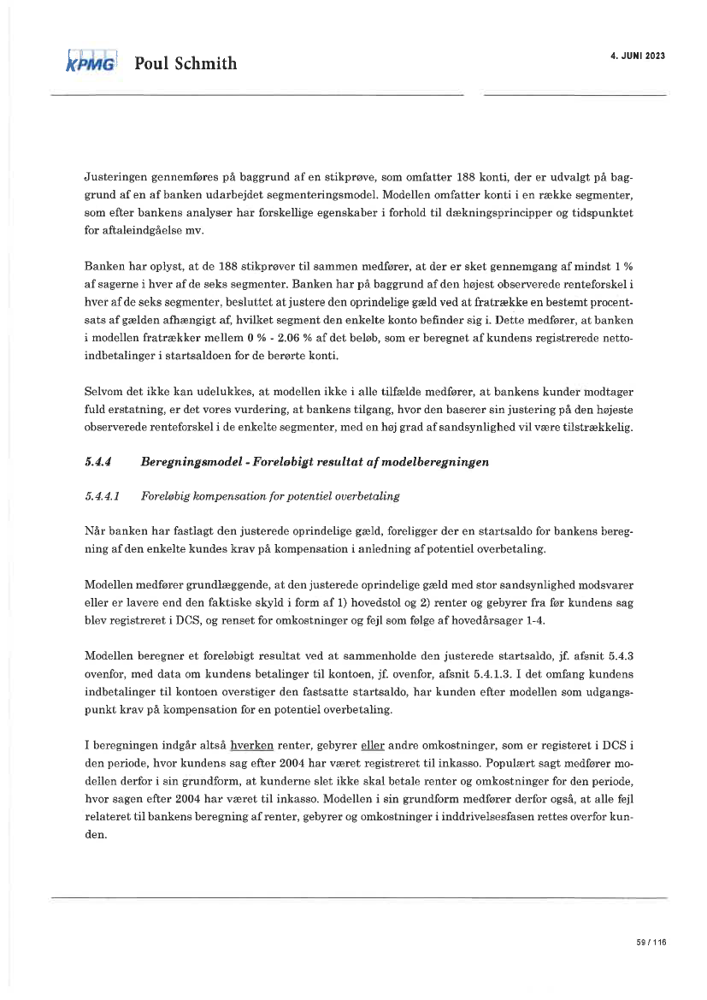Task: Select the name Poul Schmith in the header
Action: pyautogui.click(x=185, y=63)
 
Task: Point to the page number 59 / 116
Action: pyautogui.click(x=651, y=942)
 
